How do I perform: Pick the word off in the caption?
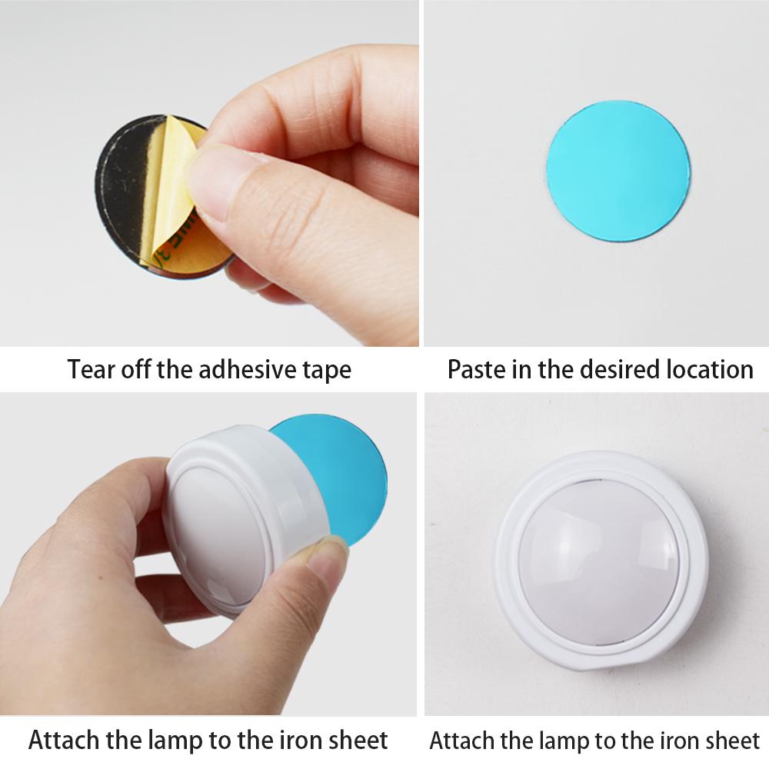point(138,369)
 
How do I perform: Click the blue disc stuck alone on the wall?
point(618,170)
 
